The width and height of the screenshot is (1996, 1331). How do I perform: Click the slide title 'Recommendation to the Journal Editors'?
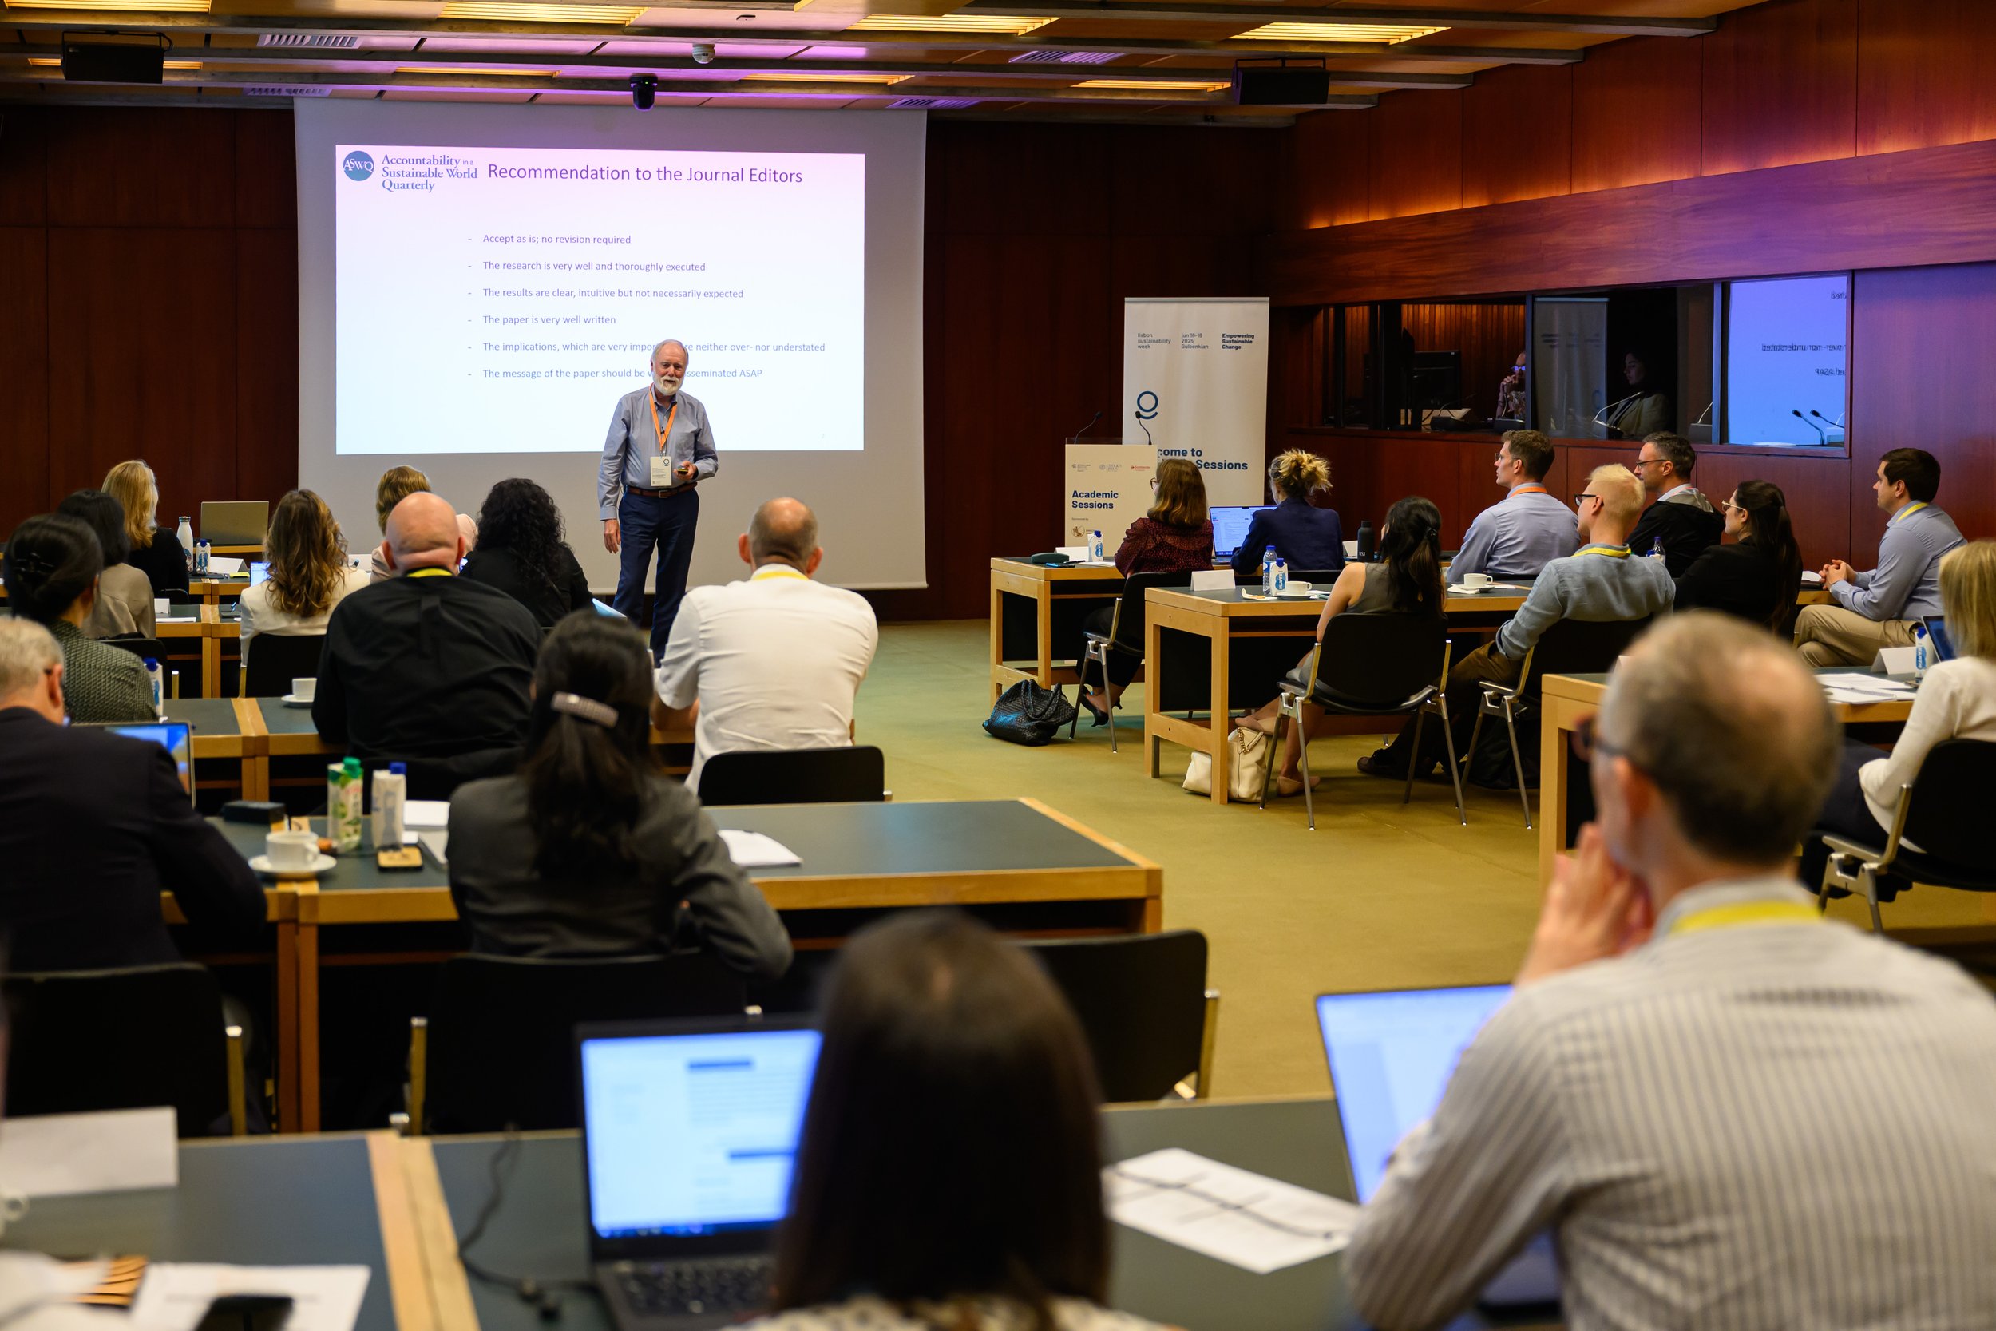(644, 174)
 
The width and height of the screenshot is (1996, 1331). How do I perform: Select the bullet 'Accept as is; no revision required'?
(556, 240)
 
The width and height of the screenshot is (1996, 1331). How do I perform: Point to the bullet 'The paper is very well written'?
(549, 320)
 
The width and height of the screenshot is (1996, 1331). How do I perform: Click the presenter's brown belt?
(649, 492)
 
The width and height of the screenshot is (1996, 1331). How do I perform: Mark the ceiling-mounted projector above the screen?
(644, 92)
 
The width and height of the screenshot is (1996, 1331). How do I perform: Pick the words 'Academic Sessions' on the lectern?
(1094, 499)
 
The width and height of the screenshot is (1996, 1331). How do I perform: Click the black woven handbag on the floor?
(1028, 713)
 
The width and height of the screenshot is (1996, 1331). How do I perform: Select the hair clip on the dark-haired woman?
(584, 708)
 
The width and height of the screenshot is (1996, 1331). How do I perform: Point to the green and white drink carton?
(345, 802)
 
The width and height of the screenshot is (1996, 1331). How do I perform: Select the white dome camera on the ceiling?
(703, 53)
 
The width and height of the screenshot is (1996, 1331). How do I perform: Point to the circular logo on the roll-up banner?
(1147, 404)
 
